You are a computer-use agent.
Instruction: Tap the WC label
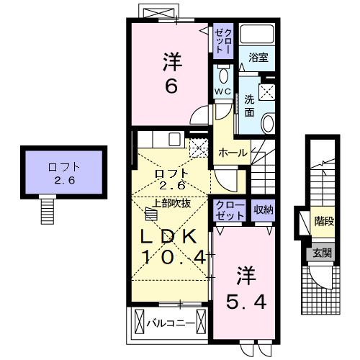click(222, 92)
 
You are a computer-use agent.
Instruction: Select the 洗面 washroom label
click(249, 105)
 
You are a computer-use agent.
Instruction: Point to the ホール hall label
click(233, 153)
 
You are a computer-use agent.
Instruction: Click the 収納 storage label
click(263, 210)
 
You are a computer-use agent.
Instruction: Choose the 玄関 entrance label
click(322, 253)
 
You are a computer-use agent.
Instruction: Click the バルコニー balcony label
click(170, 323)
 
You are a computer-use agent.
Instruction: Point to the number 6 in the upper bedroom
click(171, 86)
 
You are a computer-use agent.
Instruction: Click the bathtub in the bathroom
click(257, 34)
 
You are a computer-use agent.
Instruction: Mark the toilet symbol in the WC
click(223, 74)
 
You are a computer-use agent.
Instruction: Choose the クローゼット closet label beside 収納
click(228, 210)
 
